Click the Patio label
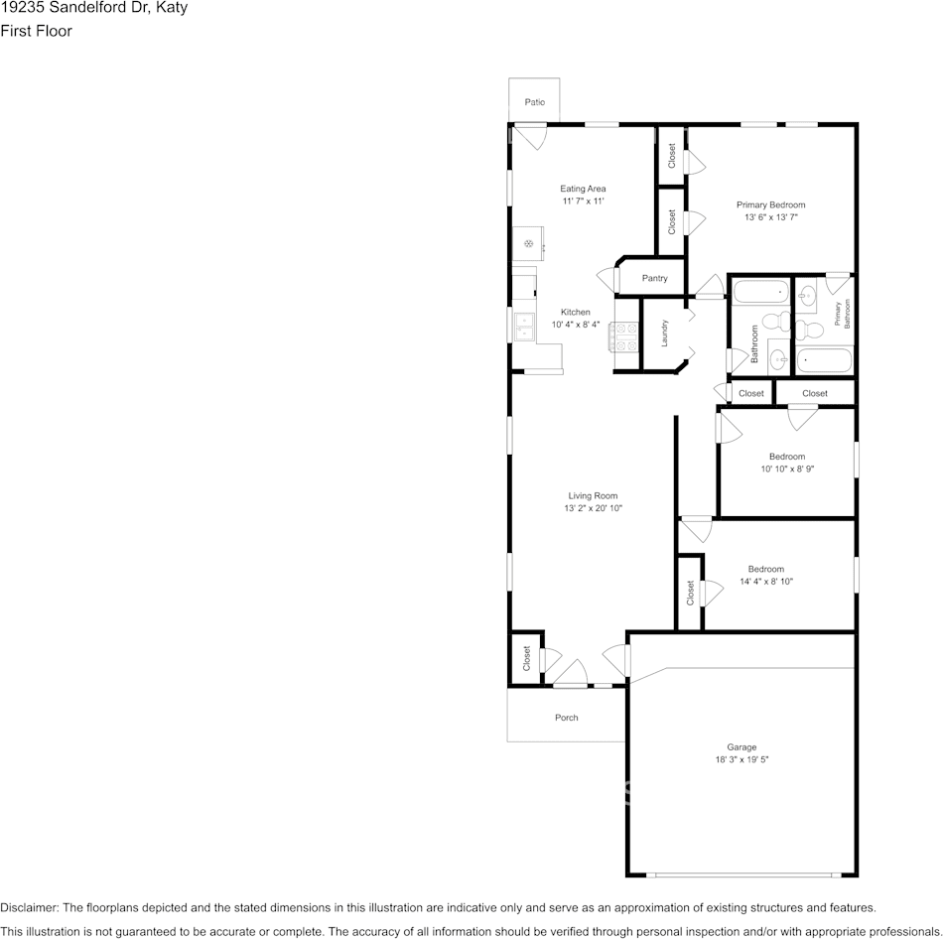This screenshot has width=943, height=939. coord(535,102)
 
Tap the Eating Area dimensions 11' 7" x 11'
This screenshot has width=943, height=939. coord(583,201)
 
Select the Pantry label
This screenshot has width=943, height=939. coord(654,278)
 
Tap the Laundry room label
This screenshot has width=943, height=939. coord(664,333)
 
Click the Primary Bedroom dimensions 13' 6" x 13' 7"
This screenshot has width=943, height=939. coord(771,217)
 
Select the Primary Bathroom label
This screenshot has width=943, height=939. coord(842,314)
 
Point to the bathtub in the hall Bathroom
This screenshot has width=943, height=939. coord(760,292)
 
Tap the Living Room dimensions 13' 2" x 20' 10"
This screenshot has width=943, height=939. coord(593,508)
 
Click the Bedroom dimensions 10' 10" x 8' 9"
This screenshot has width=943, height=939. coord(787,469)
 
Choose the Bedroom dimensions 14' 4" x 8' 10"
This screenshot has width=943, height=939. coord(766,581)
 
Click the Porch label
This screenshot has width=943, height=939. coord(567,718)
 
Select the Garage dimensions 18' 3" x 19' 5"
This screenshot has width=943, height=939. coord(741,759)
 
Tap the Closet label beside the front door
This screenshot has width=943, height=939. coord(527,659)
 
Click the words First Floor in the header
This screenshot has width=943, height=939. coord(36,31)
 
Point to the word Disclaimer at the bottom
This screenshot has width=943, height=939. coord(28,907)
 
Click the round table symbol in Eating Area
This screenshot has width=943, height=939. coord(529,243)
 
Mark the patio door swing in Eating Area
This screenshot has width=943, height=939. coord(531,137)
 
